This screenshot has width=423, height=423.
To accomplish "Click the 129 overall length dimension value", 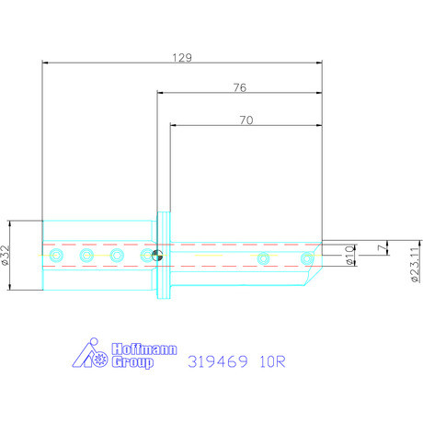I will [182, 57].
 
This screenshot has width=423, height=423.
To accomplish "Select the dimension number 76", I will [239, 87].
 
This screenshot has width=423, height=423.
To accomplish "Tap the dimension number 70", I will [246, 119].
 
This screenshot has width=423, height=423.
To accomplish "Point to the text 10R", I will [272, 361].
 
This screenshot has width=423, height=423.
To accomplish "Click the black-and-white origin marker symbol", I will [157, 256].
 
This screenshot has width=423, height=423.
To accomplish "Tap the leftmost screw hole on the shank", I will [57, 255].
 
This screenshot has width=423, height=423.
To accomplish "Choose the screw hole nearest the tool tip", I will [298, 257].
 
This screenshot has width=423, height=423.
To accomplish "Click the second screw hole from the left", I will [86, 255].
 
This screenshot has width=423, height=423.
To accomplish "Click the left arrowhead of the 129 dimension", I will [47, 63].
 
